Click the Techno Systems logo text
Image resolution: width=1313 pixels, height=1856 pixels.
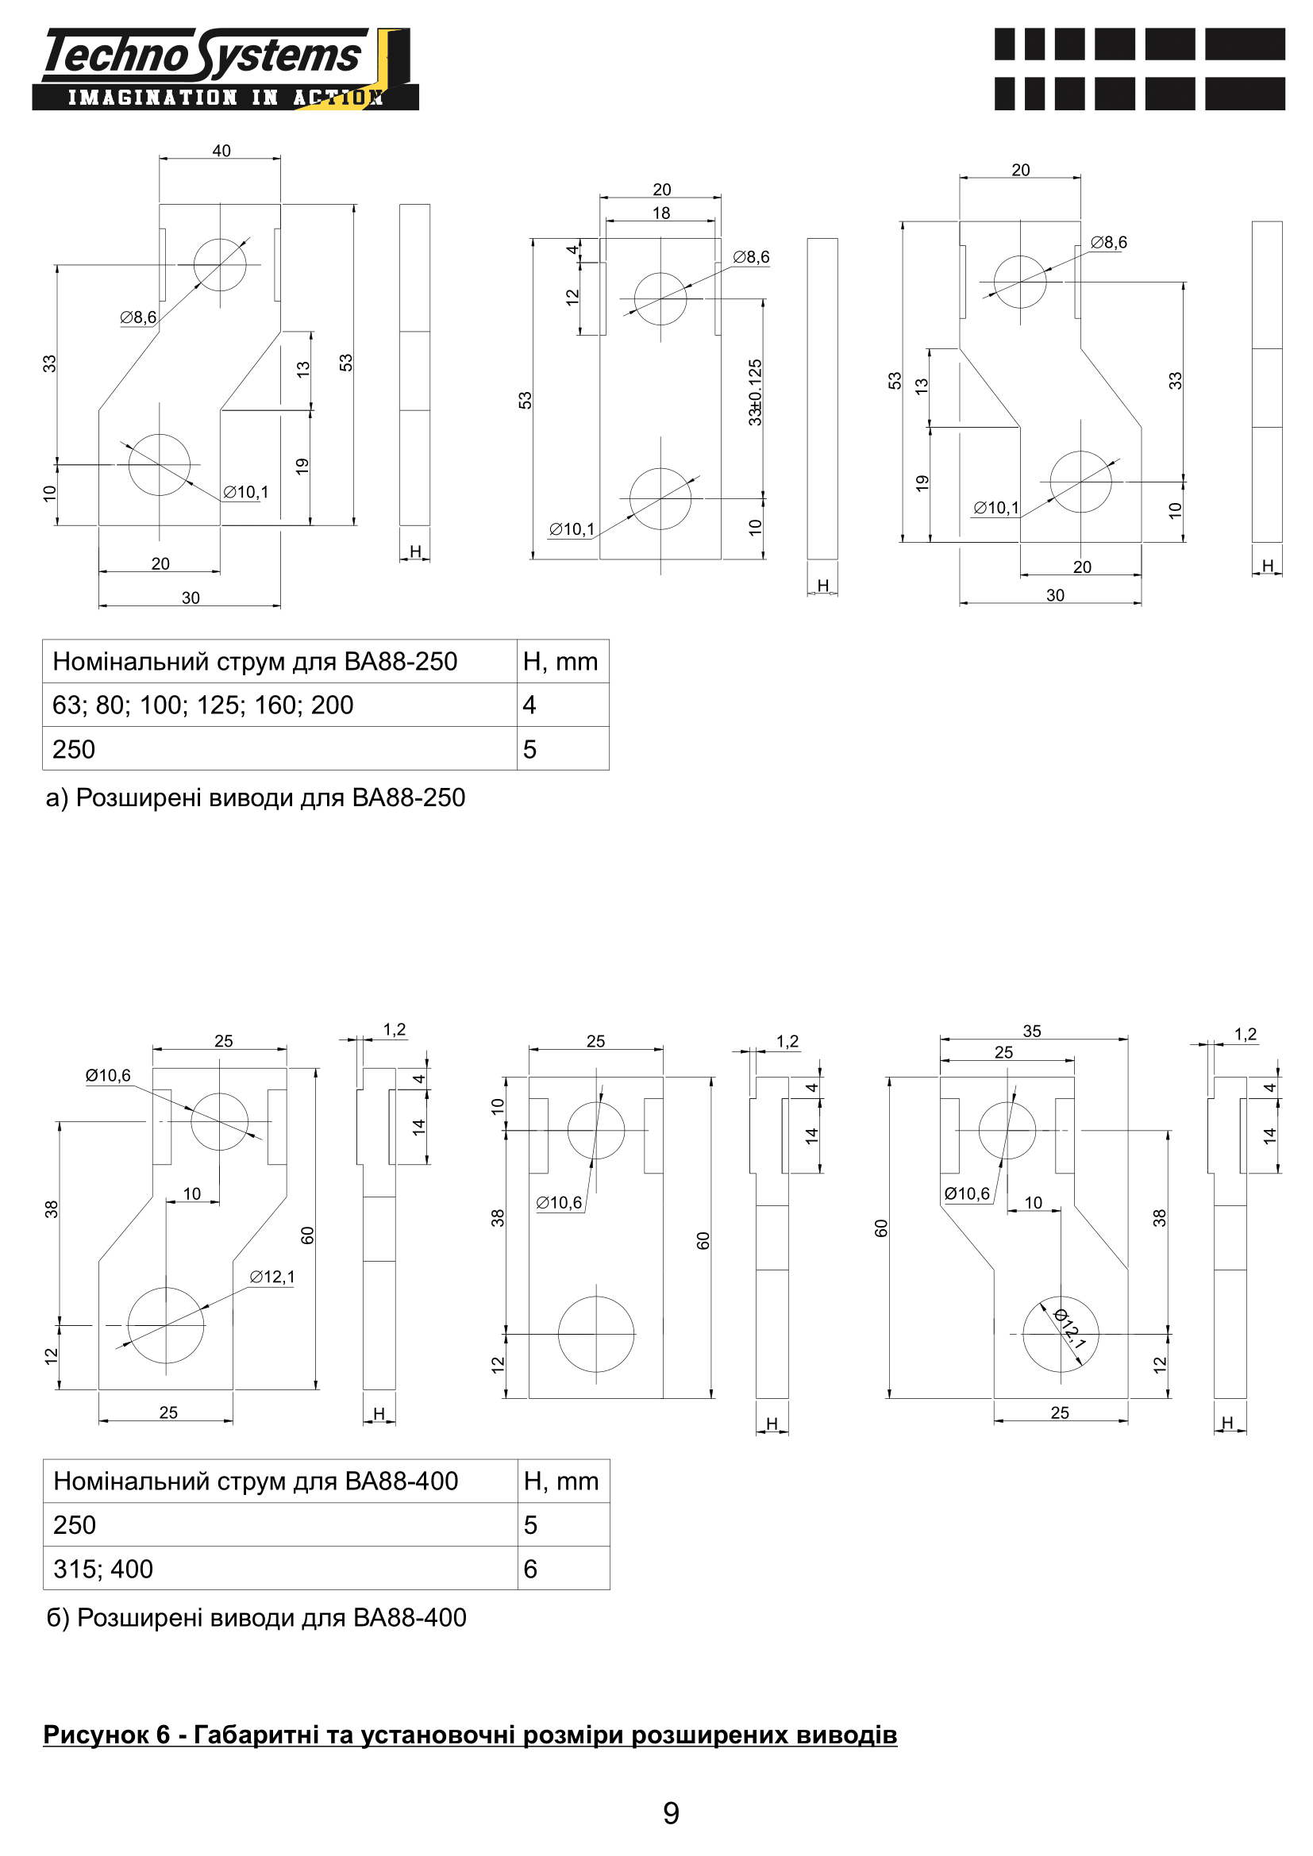(x=202, y=55)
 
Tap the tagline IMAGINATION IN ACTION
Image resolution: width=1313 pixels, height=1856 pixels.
(x=225, y=98)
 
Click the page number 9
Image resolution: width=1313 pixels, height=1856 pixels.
(x=671, y=1813)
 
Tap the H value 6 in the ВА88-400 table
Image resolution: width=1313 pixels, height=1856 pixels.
(x=530, y=1569)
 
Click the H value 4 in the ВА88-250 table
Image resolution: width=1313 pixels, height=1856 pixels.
(x=529, y=705)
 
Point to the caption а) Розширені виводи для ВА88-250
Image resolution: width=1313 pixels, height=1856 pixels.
(x=256, y=797)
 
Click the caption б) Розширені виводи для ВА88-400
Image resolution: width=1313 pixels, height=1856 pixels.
(x=256, y=1617)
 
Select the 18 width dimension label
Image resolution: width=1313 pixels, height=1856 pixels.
(x=661, y=213)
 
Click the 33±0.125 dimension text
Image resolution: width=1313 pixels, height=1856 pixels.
(x=755, y=393)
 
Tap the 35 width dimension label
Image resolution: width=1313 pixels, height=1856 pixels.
(x=1033, y=1031)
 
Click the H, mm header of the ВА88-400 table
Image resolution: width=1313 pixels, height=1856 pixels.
(x=561, y=1481)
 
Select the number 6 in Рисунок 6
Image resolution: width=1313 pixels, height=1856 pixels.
(x=164, y=1735)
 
